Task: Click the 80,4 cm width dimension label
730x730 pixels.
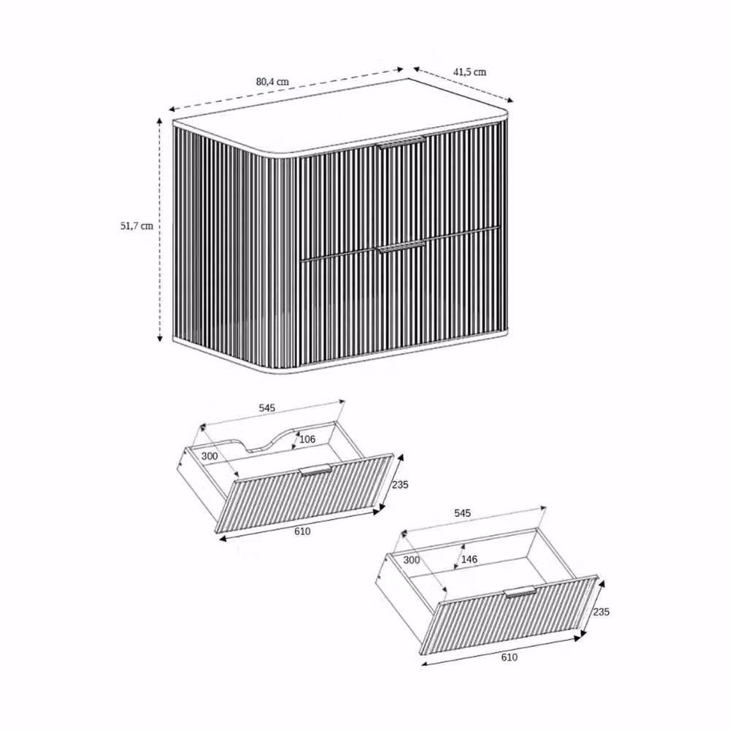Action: pos(272,82)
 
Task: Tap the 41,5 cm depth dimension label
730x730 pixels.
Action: pos(469,72)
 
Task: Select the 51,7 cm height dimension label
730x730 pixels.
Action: pos(137,226)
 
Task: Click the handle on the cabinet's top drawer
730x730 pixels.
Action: pos(402,142)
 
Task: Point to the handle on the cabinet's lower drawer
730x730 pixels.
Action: pos(402,247)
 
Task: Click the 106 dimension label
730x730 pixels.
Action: pos(307,439)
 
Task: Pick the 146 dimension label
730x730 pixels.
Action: pos(469,559)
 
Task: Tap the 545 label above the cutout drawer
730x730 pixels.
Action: pos(267,408)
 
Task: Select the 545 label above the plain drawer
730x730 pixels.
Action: pos(462,513)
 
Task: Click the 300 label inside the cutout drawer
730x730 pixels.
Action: pos(210,456)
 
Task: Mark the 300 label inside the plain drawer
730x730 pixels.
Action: pos(412,560)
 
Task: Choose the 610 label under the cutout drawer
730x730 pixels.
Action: pos(302,531)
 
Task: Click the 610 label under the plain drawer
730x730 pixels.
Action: pos(509,657)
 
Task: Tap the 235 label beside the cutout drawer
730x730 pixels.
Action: pos(400,485)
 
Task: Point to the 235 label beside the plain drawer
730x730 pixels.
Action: pos(601,612)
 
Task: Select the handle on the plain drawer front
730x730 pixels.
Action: pos(520,592)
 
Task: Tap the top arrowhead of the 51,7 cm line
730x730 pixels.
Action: pos(160,121)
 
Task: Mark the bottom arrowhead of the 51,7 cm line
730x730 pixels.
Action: pos(160,337)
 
